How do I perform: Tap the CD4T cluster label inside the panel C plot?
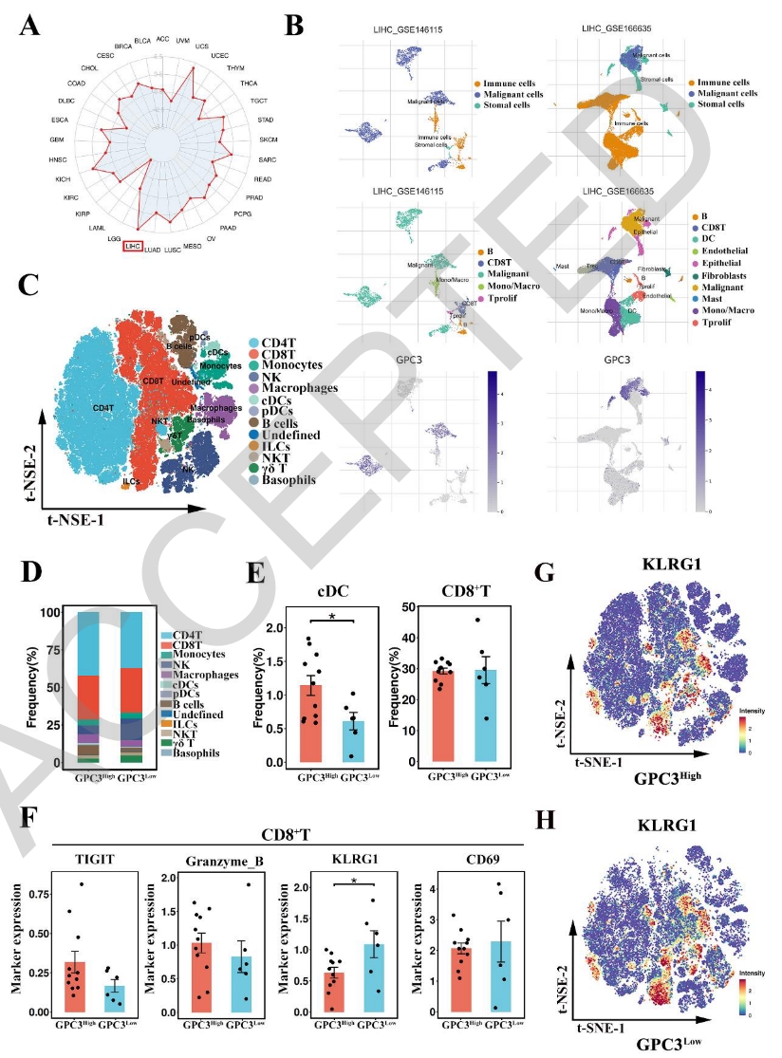point(104,408)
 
